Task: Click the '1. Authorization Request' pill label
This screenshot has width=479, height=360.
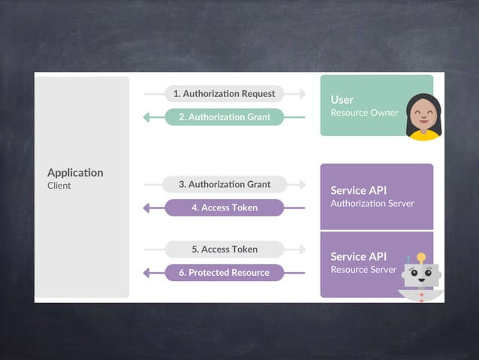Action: [224, 94]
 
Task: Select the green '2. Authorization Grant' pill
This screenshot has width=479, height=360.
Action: [224, 117]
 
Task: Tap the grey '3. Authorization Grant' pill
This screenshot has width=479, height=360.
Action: [224, 184]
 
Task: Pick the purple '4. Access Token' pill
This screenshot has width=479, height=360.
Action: [224, 207]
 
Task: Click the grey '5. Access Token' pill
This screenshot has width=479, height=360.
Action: [224, 250]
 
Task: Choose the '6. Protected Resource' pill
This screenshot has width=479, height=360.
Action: [224, 273]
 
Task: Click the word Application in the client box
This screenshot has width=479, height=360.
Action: [75, 172]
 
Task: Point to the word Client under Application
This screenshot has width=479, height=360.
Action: [59, 186]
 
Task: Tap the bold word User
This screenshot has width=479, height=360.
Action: [342, 99]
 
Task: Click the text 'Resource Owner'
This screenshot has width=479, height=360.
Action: [364, 113]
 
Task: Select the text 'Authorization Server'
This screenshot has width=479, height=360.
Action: [372, 203]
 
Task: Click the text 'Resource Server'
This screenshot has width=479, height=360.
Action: [363, 269]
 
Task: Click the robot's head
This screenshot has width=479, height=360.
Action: [421, 275]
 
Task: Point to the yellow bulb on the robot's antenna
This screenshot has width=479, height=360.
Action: [421, 257]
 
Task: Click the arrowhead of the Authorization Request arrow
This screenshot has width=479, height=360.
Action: [303, 94]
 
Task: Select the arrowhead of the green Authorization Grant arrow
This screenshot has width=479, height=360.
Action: [147, 117]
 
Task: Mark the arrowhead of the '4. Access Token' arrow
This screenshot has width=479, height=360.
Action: [147, 207]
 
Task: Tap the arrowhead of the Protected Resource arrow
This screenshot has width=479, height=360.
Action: [147, 273]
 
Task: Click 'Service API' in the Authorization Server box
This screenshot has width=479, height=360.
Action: [358, 190]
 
